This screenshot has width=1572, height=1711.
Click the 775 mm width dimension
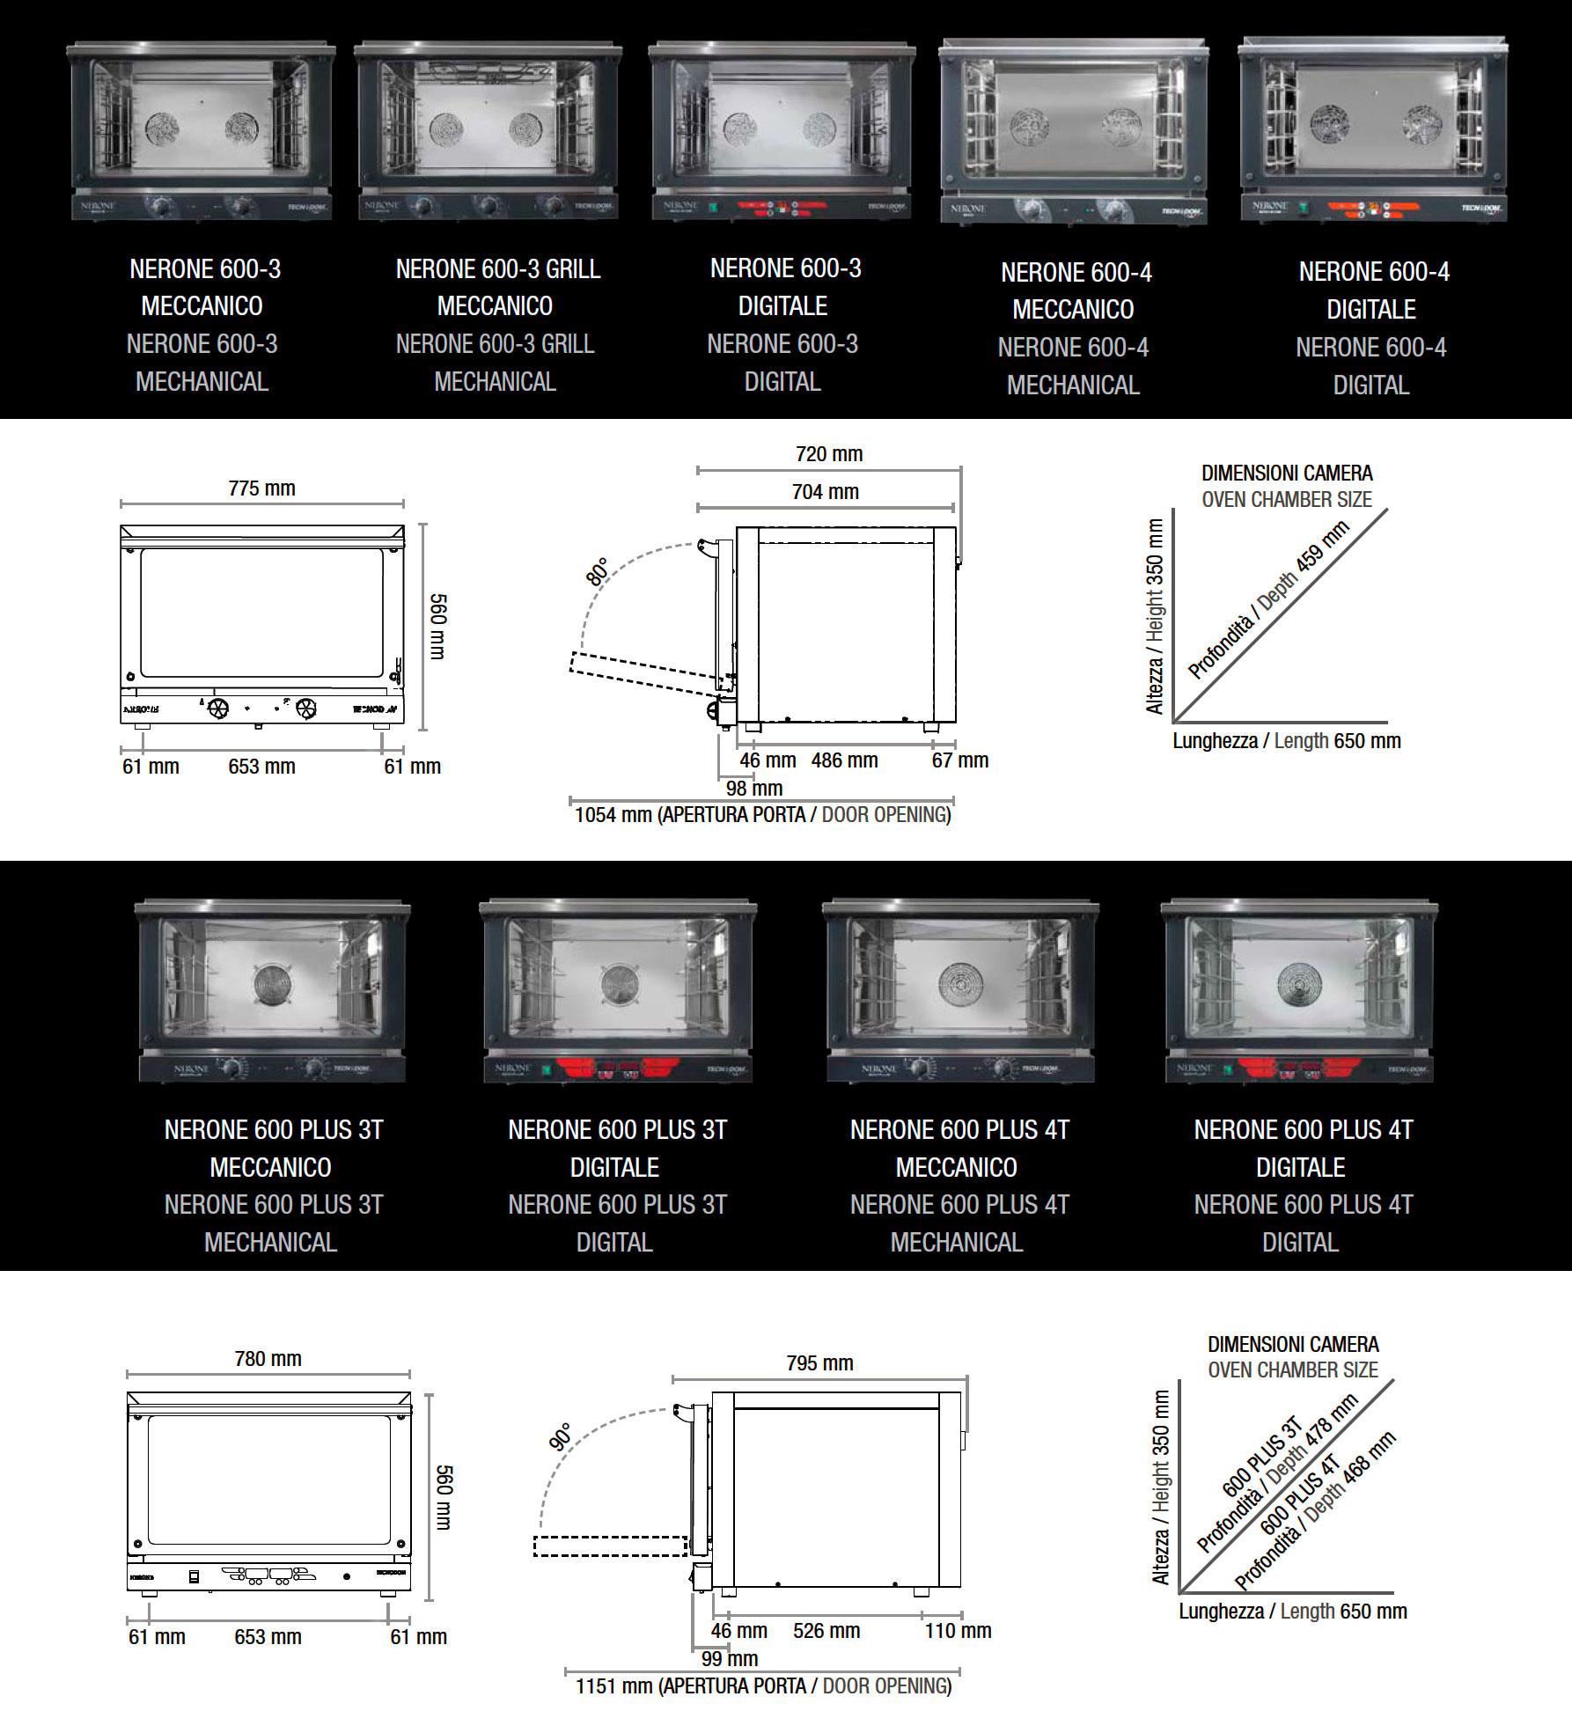[x=261, y=488]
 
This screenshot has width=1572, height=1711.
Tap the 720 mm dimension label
[x=829, y=454]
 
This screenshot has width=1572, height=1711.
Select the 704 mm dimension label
[x=825, y=492]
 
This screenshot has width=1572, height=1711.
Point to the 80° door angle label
[x=598, y=572]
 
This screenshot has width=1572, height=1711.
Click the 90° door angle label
[x=561, y=1437]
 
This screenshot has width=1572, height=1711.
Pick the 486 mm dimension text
[x=844, y=760]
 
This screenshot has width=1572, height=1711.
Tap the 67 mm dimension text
[x=959, y=760]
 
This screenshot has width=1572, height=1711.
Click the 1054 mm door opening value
[x=613, y=815]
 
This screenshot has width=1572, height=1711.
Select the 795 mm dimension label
[x=819, y=1363]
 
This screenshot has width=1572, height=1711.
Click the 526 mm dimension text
[x=826, y=1631]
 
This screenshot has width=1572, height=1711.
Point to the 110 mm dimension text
[x=958, y=1631]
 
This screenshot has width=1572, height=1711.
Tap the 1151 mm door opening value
[x=613, y=1686]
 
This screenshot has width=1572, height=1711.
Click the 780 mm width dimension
[x=268, y=1359]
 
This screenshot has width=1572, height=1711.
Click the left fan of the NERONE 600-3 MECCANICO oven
[x=162, y=129]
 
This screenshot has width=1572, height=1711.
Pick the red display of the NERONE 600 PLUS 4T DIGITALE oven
[x=1299, y=1068]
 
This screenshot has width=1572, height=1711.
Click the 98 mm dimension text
[x=753, y=789]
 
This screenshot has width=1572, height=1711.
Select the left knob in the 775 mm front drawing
[x=218, y=708]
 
